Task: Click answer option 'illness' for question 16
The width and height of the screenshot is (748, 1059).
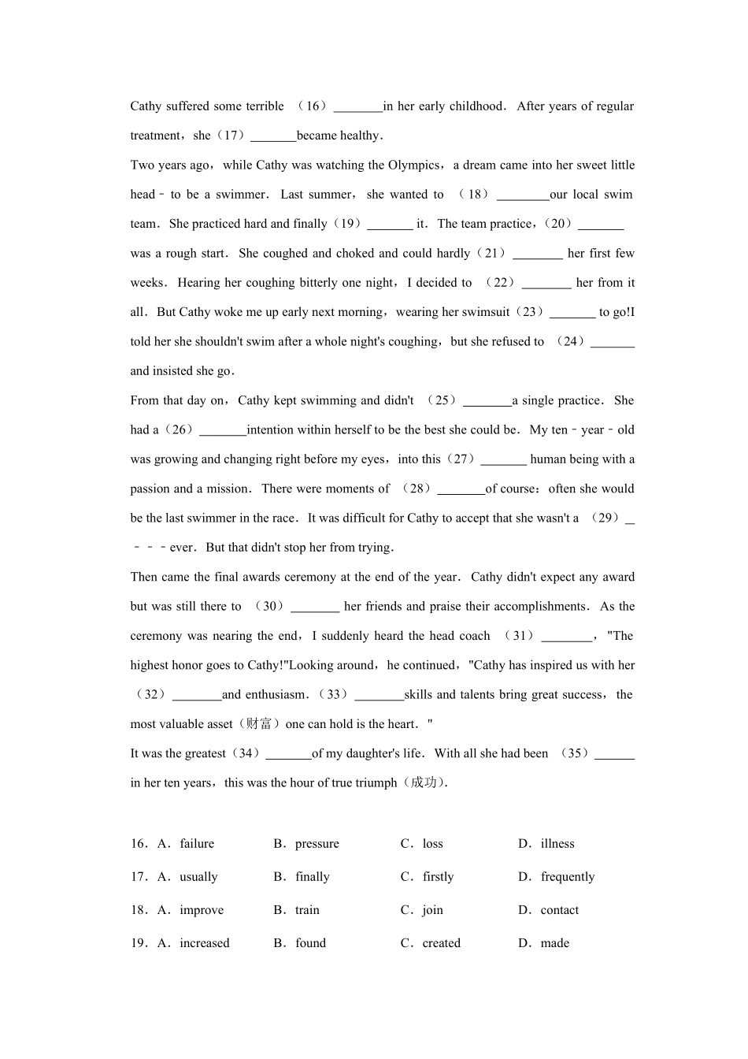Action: [557, 844]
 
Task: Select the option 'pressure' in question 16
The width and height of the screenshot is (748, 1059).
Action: [317, 844]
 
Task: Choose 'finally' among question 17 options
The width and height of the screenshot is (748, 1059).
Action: [312, 877]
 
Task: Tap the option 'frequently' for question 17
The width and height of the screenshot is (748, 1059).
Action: [567, 877]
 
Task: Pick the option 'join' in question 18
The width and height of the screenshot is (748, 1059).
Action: [432, 910]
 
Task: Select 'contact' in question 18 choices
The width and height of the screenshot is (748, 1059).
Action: [559, 910]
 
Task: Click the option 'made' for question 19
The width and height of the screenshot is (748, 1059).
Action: [554, 943]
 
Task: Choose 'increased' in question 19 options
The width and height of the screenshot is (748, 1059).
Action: [204, 943]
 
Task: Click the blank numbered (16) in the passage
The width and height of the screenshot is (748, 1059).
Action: [358, 107]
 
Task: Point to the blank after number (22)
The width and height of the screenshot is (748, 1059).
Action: [546, 284]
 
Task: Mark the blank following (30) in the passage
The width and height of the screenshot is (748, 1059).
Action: [315, 608]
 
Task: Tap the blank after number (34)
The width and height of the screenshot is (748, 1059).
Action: [288, 755]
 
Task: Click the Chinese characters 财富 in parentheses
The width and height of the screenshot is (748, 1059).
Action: [259, 724]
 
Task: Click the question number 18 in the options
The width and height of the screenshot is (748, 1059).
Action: [139, 910]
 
